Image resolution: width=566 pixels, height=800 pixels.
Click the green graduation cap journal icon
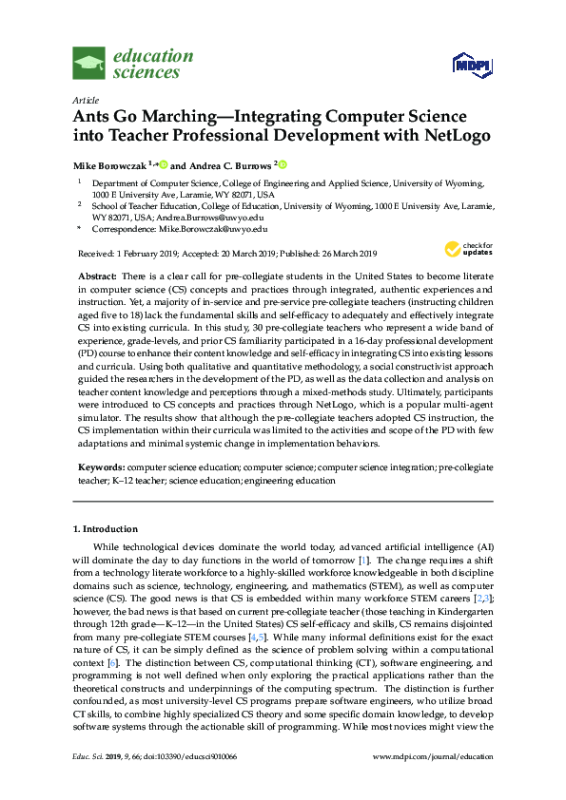(x=88, y=64)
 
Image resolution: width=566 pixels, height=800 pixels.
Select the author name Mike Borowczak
(x=108, y=164)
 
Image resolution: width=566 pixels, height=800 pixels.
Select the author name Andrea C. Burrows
(x=226, y=164)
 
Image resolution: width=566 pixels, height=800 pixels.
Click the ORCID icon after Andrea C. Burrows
(x=282, y=164)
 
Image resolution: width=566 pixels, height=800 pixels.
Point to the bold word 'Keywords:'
(x=100, y=468)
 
